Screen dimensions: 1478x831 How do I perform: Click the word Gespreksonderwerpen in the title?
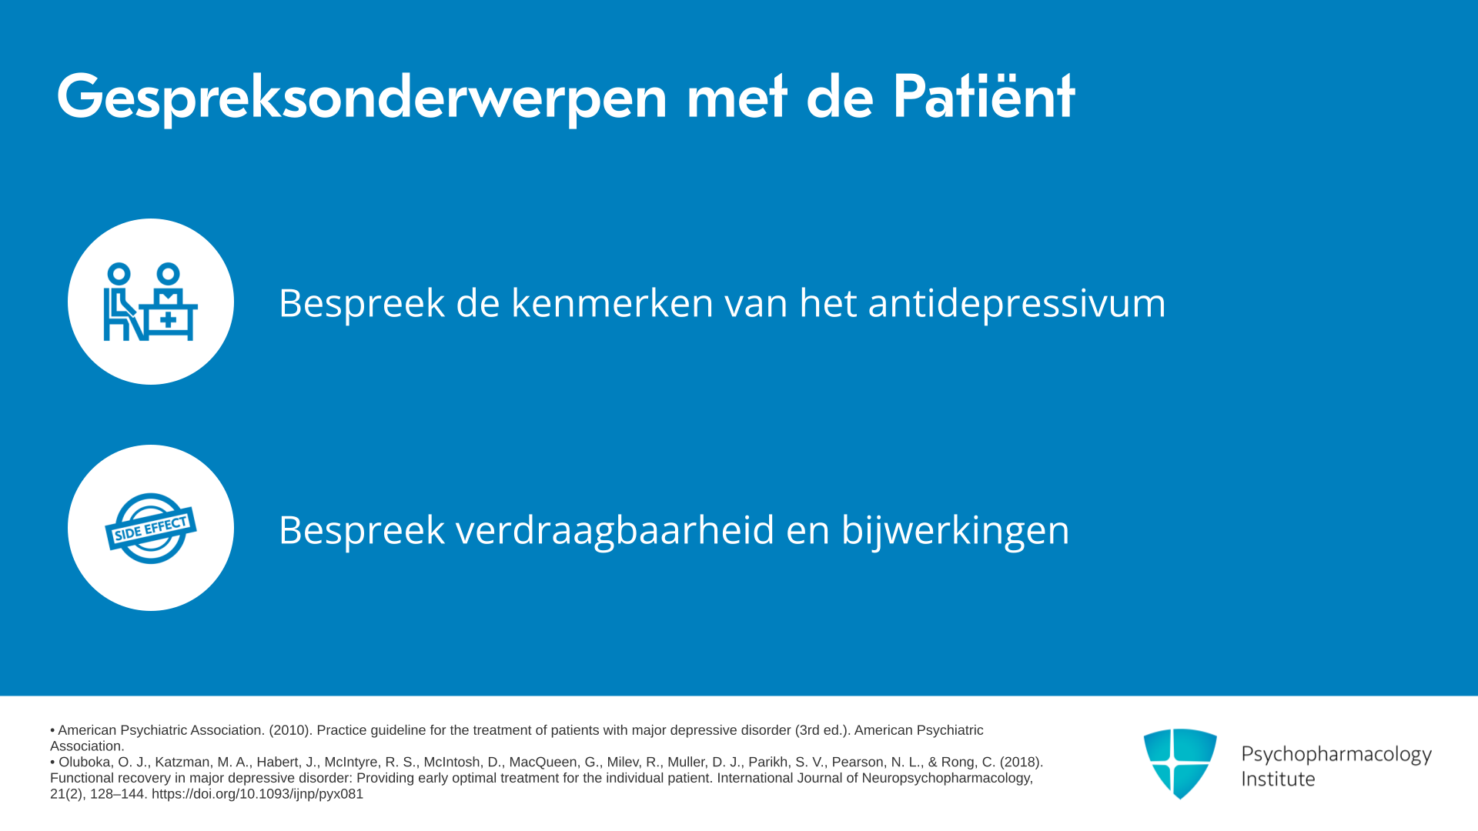coord(362,98)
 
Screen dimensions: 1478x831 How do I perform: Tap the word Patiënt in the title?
coord(983,96)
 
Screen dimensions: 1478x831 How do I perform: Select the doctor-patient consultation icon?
coord(151,302)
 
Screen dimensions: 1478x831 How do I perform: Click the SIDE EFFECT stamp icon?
coord(151,529)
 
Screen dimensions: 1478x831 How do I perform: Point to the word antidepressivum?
coord(1017,303)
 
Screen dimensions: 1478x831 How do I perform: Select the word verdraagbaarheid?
coord(615,530)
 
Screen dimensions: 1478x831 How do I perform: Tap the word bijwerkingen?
coord(955,530)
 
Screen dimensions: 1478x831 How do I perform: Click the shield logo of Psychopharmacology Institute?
coord(1180,763)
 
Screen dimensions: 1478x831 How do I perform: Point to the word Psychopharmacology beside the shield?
coord(1336,755)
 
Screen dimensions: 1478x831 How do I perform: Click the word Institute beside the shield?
coord(1278,779)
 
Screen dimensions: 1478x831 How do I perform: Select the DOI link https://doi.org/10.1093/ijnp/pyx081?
coord(257,794)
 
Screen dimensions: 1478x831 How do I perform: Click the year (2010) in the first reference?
coord(289,730)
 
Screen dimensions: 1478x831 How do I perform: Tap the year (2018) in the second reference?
coord(1022,762)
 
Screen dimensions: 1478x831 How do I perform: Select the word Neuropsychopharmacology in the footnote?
coord(946,778)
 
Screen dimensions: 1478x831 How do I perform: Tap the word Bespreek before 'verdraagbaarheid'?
coord(362,530)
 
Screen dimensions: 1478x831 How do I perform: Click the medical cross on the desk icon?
coord(169,320)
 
